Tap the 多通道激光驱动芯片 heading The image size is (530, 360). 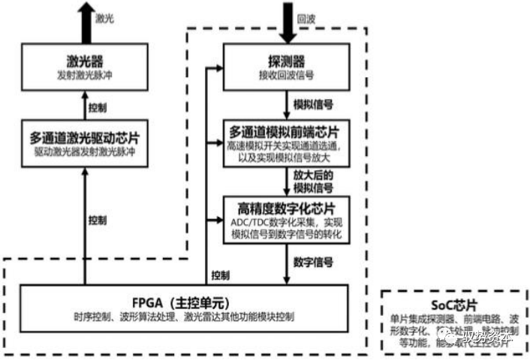(86, 139)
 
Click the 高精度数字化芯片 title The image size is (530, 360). (287, 206)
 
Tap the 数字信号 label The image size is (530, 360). (315, 262)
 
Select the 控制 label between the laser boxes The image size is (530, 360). (97, 107)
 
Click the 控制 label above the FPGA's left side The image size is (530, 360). (97, 220)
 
